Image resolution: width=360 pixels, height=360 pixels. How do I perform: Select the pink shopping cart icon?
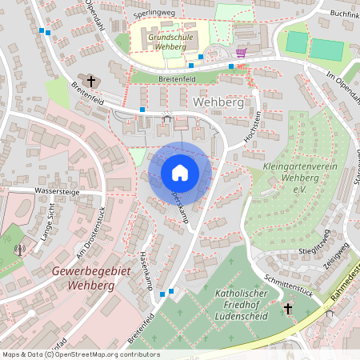coord(241,52)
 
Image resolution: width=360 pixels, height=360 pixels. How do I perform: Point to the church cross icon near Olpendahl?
coord(91,81)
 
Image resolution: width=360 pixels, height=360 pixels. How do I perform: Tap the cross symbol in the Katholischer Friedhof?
coord(288,308)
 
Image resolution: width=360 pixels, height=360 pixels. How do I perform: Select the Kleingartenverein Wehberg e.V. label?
coord(289,178)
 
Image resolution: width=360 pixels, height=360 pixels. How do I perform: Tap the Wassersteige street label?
coord(58,191)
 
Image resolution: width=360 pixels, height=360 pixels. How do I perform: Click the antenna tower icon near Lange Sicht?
coord(20,249)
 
